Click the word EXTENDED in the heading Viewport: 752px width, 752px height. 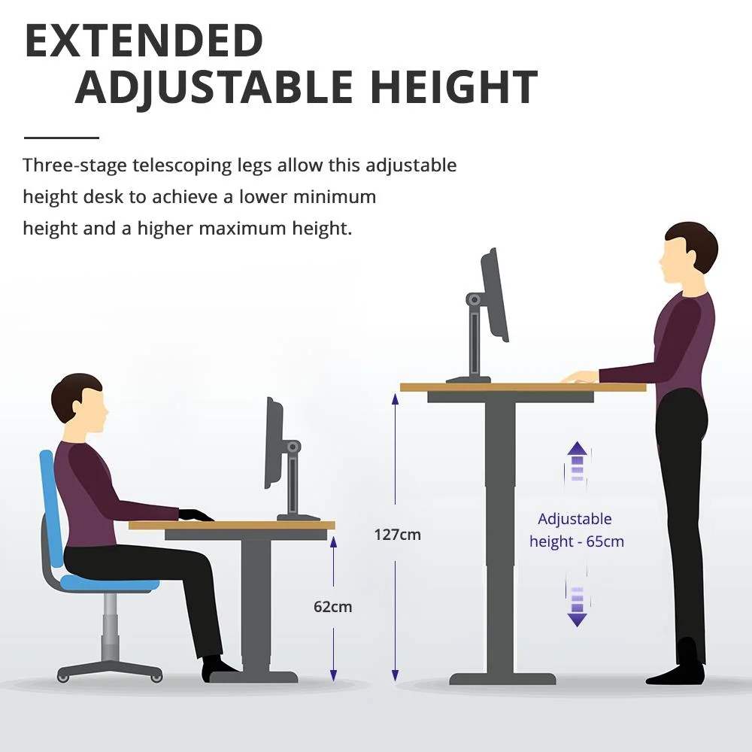pos(144,41)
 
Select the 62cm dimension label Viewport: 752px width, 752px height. pos(333,607)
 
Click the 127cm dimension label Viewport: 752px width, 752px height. pos(397,534)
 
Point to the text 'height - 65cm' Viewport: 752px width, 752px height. pos(577,541)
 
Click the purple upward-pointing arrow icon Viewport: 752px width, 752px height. pos(577,461)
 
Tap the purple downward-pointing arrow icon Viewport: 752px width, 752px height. pos(577,607)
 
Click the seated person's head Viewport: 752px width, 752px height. pos(79,399)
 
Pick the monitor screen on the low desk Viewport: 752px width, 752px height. pos(274,444)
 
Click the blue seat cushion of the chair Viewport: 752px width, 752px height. pos(110,583)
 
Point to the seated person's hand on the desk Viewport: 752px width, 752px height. pos(196,515)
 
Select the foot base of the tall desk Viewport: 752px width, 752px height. pos(502,678)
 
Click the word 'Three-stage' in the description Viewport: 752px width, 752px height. pos(74,165)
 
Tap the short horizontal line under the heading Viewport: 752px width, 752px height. pos(62,138)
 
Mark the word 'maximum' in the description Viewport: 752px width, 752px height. pos(242,229)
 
